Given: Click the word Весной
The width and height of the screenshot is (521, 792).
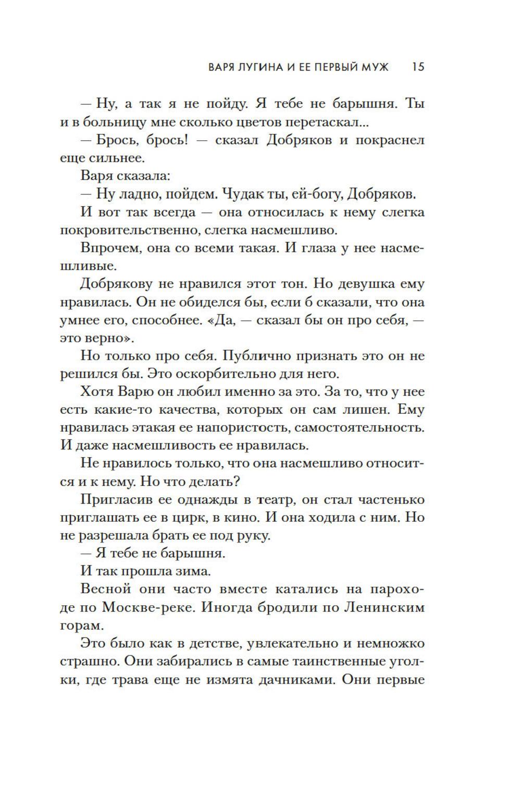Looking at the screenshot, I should pyautogui.click(x=105, y=589).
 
